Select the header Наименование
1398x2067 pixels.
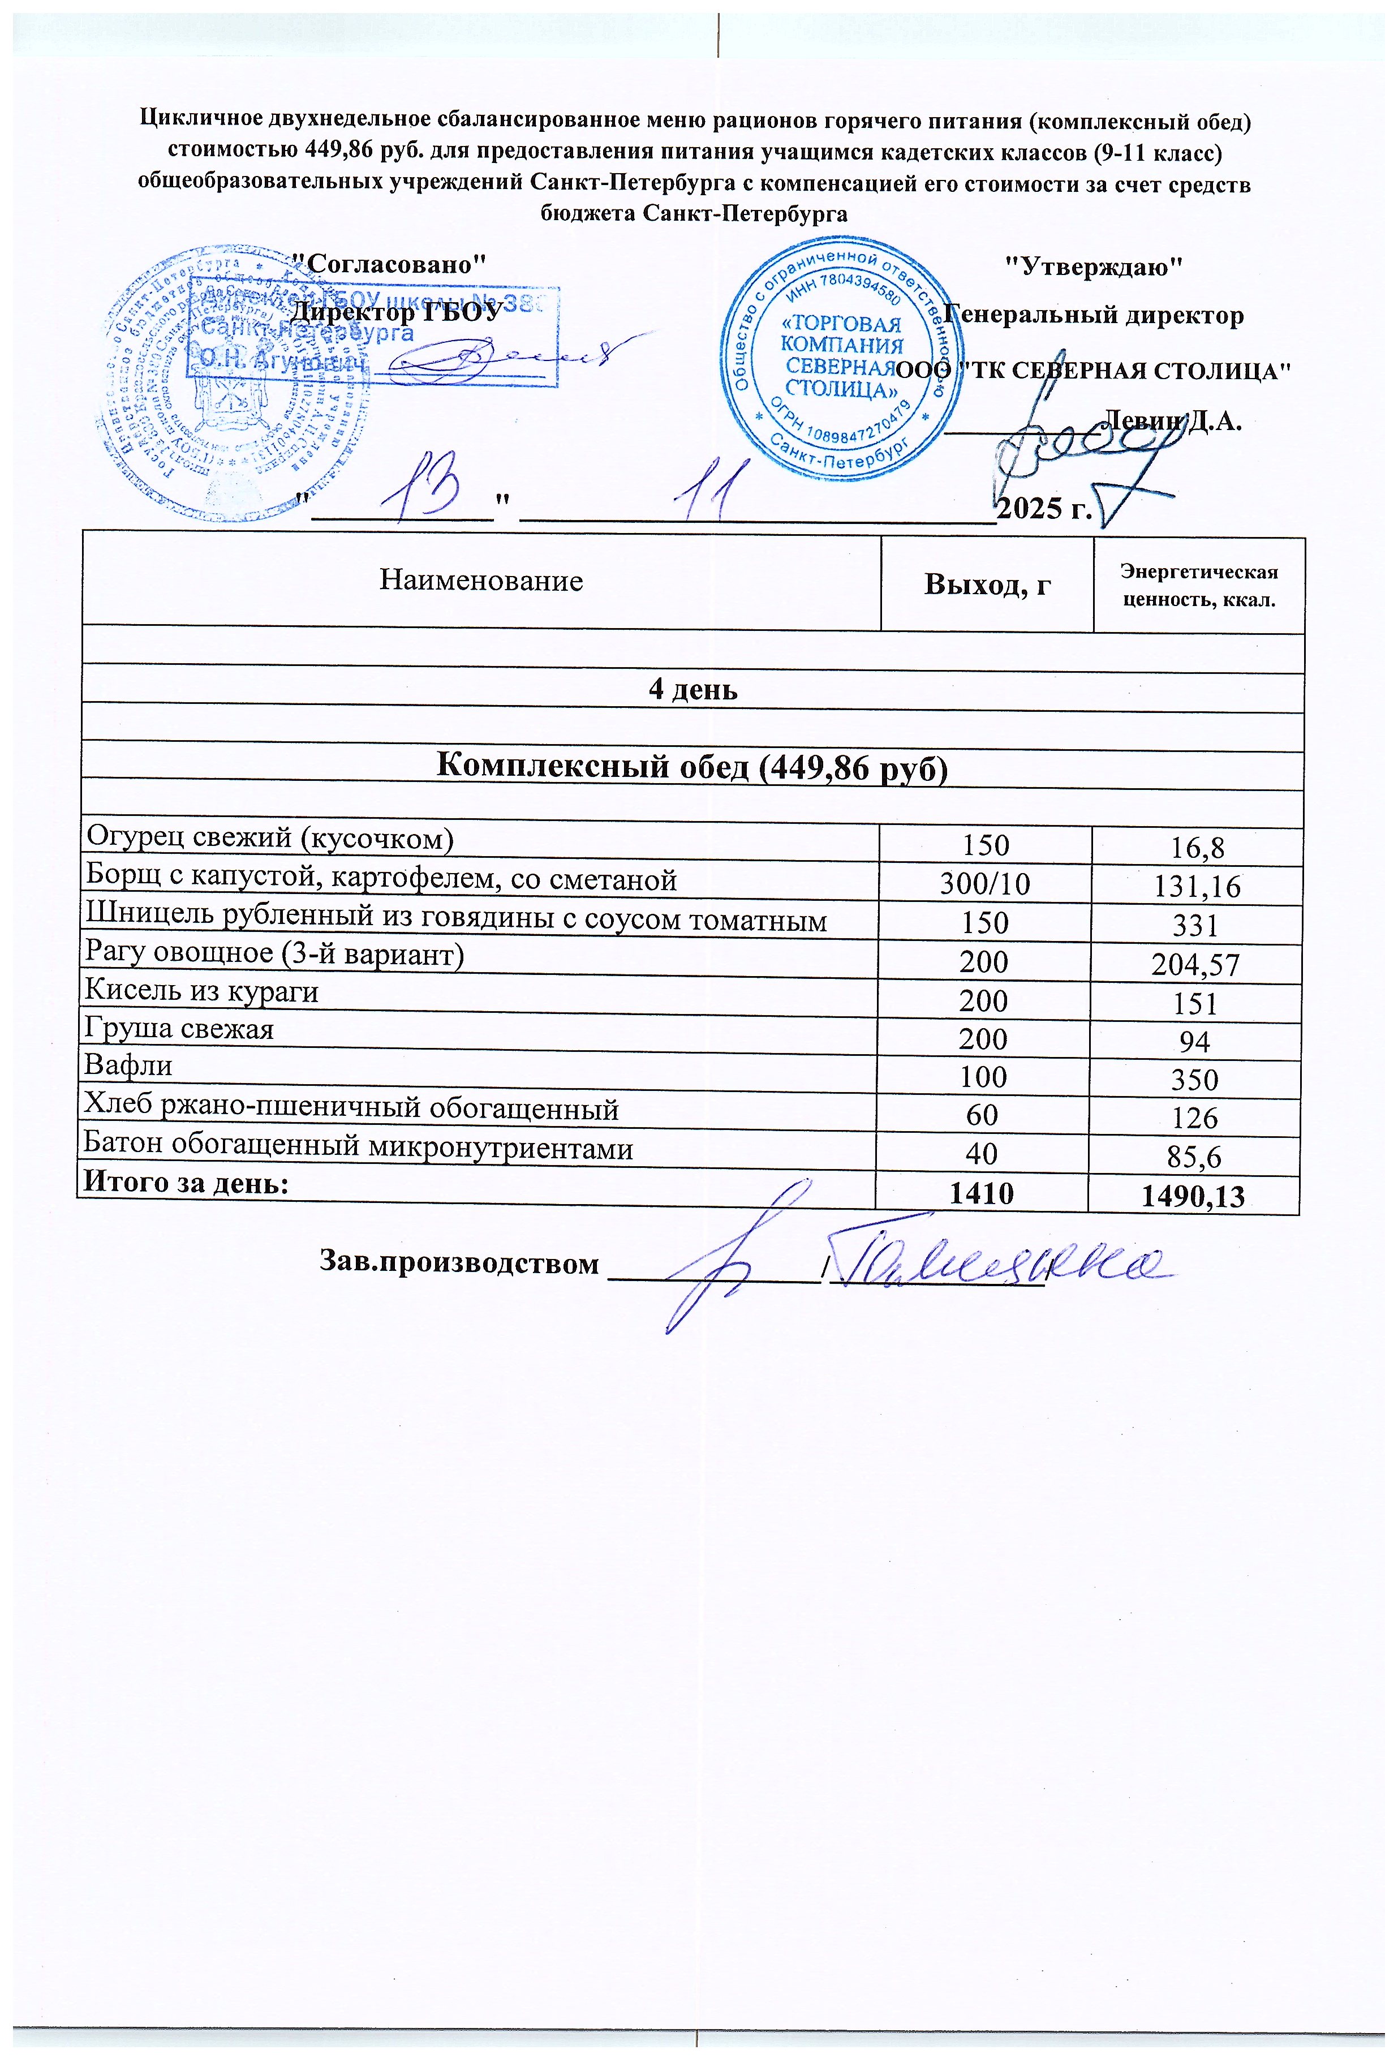point(481,581)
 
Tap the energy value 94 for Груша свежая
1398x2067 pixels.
point(1194,1041)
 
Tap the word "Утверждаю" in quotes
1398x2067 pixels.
point(1093,265)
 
